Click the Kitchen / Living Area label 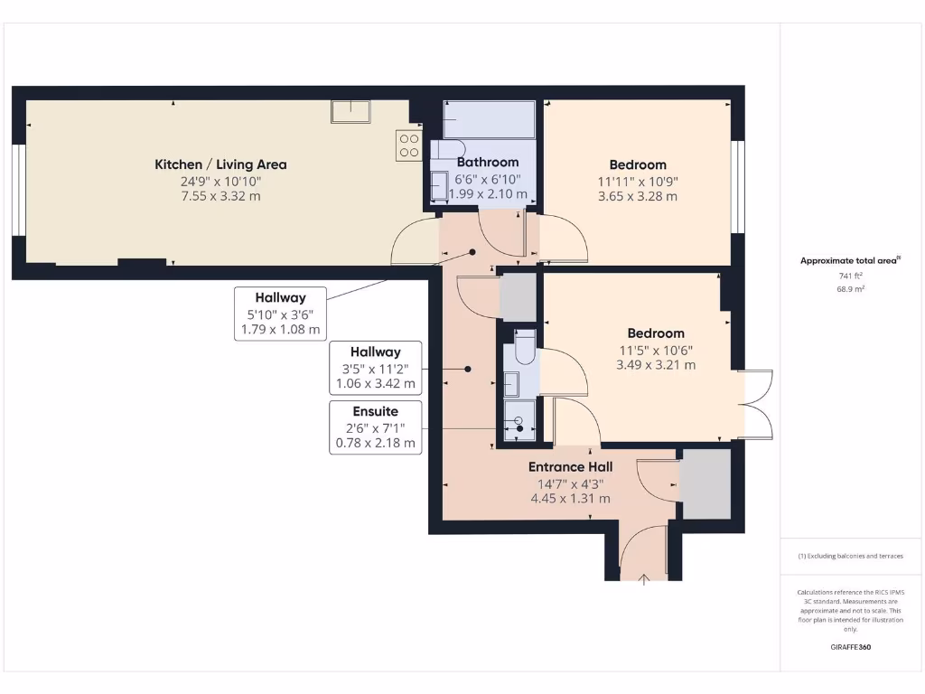220,164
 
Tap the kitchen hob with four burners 408,146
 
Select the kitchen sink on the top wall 350,111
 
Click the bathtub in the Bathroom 489,119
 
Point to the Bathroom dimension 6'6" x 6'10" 487,180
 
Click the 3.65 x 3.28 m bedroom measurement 638,195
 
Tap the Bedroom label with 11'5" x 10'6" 656,333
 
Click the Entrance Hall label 570,467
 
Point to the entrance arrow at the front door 644,578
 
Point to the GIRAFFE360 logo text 850,647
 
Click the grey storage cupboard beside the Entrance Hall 705,483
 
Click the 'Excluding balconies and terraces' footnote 850,556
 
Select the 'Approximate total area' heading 849,260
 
